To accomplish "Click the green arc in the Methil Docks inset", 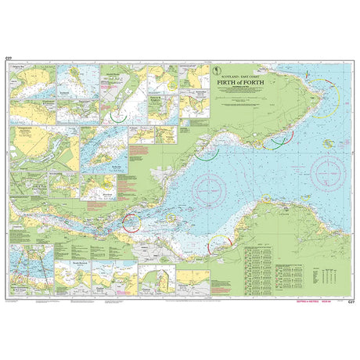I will (118, 115).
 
